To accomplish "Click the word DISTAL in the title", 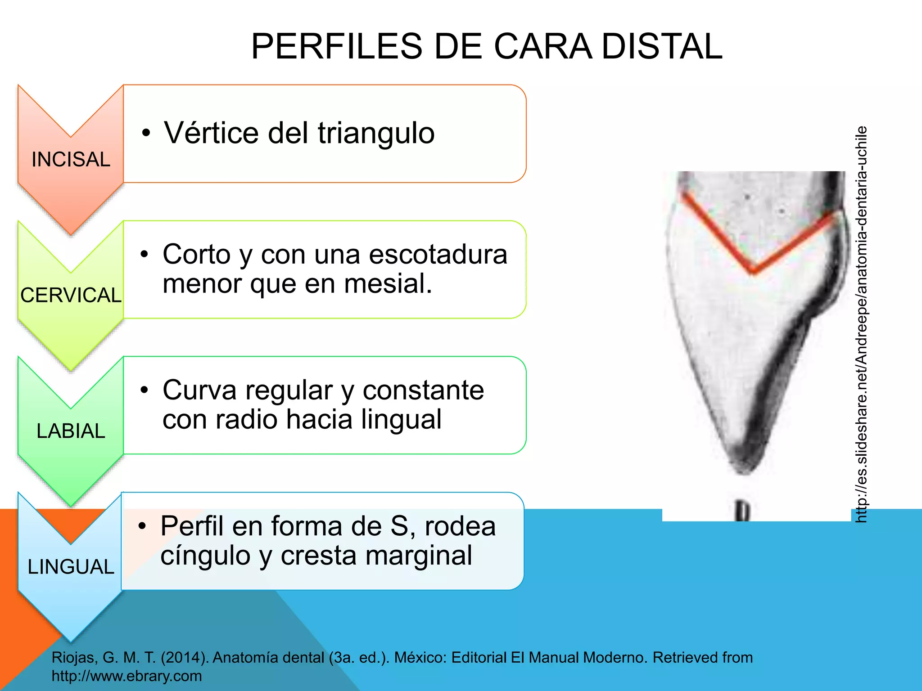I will click(x=662, y=47).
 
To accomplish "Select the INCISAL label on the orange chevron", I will click(x=71, y=160).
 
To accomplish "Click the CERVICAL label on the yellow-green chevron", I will click(x=71, y=296).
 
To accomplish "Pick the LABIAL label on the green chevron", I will click(x=71, y=431).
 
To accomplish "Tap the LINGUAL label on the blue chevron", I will click(x=71, y=567).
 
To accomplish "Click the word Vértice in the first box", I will click(x=212, y=133).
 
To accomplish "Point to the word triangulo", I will click(x=376, y=133).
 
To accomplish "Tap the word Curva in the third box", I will click(x=199, y=390).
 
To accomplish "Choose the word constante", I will click(x=423, y=390).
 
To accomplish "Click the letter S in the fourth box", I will click(x=399, y=526).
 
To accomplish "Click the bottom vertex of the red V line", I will click(x=753, y=270).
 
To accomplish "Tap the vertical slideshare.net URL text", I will click(x=861, y=324).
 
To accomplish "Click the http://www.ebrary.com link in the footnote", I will click(x=127, y=676).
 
